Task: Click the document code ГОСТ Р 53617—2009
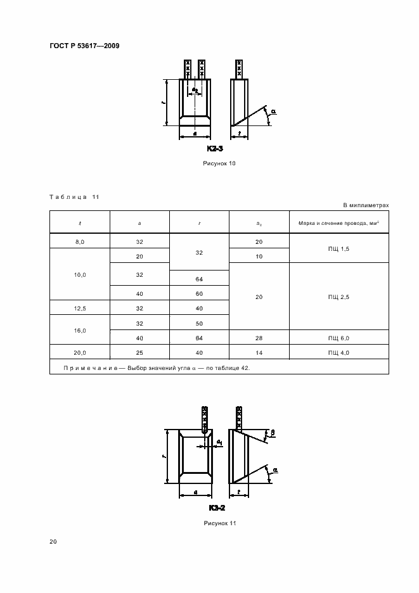[84, 46]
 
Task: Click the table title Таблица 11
[74, 197]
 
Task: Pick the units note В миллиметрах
[366, 205]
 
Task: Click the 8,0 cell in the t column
[80, 241]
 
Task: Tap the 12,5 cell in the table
[80, 309]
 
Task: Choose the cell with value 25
[139, 352]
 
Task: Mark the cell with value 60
[199, 294]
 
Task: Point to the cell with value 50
[199, 322]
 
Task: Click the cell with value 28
[259, 338]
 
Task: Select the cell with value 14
[259, 352]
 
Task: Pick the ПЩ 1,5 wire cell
[338, 248]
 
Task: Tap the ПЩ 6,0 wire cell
[338, 338]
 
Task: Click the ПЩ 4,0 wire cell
[338, 352]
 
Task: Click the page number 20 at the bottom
[53, 542]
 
